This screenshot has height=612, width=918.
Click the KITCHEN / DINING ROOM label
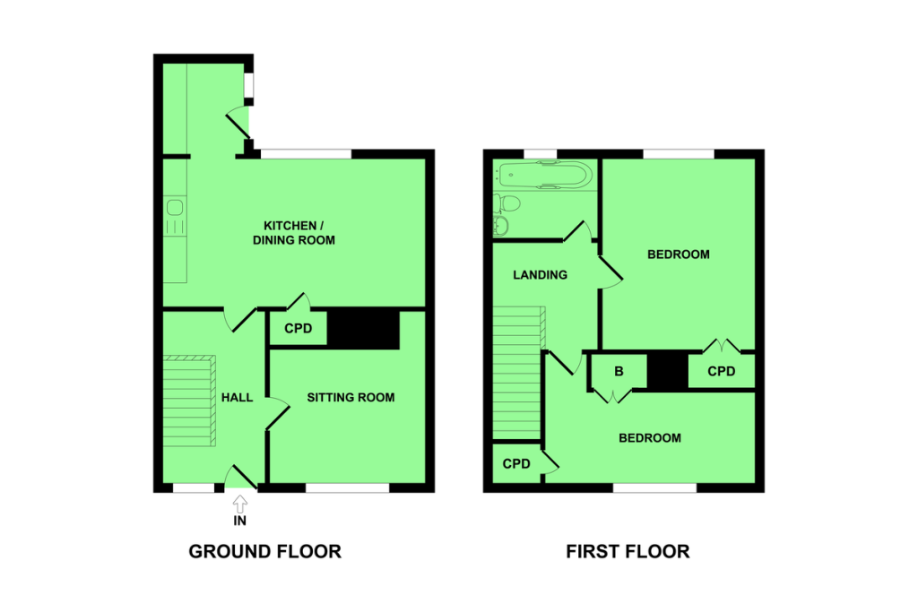pyautogui.click(x=294, y=233)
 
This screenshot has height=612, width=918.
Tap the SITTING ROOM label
pyautogui.click(x=351, y=398)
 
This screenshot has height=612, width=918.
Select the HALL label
pyautogui.click(x=237, y=398)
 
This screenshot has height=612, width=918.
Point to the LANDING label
pyautogui.click(x=540, y=275)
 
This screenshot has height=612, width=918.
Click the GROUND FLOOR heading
pyautogui.click(x=264, y=552)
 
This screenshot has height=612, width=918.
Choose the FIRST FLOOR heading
pyautogui.click(x=628, y=552)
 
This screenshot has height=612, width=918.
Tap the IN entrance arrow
pyautogui.click(x=240, y=504)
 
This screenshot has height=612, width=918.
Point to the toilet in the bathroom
pyautogui.click(x=507, y=203)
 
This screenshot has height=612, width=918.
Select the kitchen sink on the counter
pyautogui.click(x=175, y=208)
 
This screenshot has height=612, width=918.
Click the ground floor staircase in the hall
pyautogui.click(x=189, y=401)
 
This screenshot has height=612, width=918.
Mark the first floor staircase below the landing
pyautogui.click(x=519, y=373)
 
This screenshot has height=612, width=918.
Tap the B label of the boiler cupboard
pyautogui.click(x=619, y=372)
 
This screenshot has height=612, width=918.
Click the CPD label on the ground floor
pyautogui.click(x=298, y=329)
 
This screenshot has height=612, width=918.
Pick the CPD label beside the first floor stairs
pyautogui.click(x=516, y=464)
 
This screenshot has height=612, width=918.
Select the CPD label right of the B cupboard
pyautogui.click(x=722, y=372)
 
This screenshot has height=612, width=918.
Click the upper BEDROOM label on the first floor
pyautogui.click(x=679, y=254)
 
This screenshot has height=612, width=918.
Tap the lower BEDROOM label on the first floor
pyautogui.click(x=650, y=438)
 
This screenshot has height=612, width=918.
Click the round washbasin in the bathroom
pyautogui.click(x=501, y=225)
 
